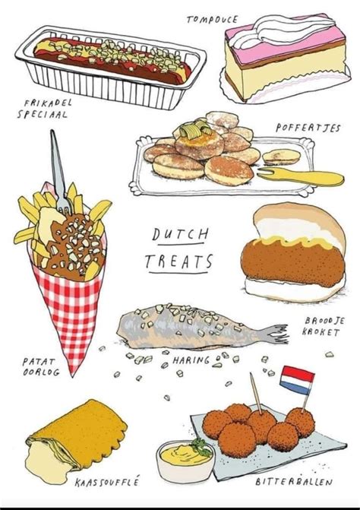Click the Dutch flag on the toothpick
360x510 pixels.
tap(297, 380)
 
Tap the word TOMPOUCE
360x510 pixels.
tap(212, 20)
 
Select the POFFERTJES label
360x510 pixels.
tap(308, 128)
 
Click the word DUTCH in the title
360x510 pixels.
tap(180, 234)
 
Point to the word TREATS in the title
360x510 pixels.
tap(178, 261)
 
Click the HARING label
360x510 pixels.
tap(191, 360)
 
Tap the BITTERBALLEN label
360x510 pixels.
tap(294, 481)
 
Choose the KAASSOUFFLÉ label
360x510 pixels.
tap(106, 481)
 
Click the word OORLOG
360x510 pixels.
tap(41, 372)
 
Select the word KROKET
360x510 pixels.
tap(321, 331)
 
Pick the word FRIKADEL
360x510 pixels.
tap(48, 103)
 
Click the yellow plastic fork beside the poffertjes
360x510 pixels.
tap(301, 176)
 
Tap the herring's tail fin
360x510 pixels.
tap(274, 334)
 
